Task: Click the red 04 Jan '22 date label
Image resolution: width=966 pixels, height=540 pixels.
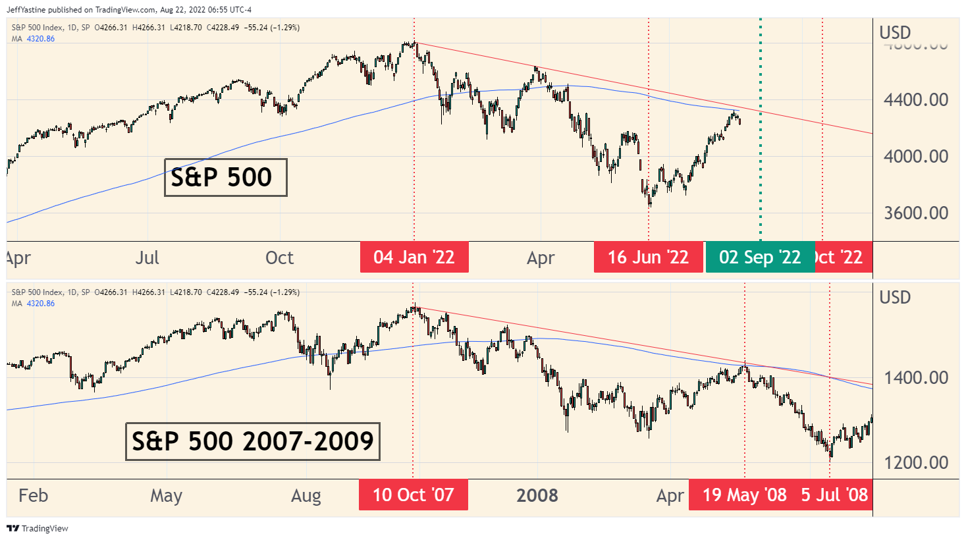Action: [414, 257]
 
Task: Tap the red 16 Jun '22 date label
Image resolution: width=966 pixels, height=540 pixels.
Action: [648, 257]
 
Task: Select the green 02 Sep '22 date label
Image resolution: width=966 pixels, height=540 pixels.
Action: [760, 257]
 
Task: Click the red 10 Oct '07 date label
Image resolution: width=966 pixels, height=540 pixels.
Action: [414, 495]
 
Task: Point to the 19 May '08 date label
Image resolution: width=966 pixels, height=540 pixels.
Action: [744, 495]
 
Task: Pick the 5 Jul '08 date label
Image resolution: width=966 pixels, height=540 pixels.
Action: [834, 495]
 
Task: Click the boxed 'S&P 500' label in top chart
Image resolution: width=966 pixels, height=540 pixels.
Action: [225, 177]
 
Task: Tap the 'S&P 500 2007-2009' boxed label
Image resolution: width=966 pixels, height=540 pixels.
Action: [253, 441]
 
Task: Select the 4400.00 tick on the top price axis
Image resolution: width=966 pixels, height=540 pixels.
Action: [916, 100]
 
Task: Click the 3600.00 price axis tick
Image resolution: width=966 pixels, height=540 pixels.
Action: [916, 213]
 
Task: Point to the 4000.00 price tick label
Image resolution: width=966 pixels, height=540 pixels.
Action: [916, 157]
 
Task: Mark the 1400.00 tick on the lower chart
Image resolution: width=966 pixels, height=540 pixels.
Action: [916, 378]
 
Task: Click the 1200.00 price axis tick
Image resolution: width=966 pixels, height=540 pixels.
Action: [916, 462]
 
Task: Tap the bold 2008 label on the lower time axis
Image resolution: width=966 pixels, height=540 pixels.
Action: [537, 495]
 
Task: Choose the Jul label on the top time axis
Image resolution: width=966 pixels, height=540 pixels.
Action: [148, 257]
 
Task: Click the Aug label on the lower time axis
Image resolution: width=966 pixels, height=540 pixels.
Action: [306, 495]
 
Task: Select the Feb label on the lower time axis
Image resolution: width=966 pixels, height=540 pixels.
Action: [34, 495]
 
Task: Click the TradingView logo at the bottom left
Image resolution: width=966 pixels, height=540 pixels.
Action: [38, 528]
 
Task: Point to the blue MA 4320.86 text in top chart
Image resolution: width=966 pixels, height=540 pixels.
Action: [34, 39]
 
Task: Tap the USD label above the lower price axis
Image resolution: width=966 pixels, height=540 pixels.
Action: [895, 298]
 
